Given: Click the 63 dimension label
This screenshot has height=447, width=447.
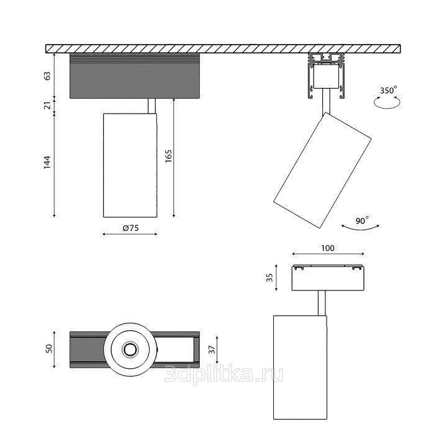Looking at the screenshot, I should pyautogui.click(x=47, y=76).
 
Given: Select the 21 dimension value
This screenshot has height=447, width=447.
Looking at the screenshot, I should pyautogui.click(x=47, y=106).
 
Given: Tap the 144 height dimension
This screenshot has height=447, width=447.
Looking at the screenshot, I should pyautogui.click(x=47, y=163).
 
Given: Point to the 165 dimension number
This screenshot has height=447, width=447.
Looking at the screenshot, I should pyautogui.click(x=168, y=156).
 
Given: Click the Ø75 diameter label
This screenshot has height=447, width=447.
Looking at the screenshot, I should pyautogui.click(x=130, y=228).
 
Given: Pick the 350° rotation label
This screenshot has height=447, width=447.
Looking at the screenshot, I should pyautogui.click(x=388, y=91).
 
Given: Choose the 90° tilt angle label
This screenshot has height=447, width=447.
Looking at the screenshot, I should pyautogui.click(x=363, y=220).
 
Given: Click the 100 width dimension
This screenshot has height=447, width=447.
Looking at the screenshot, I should pyautogui.click(x=328, y=248).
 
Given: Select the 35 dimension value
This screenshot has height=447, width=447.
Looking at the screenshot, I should pyautogui.click(x=269, y=278).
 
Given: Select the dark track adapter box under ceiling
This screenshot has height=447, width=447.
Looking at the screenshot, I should pyautogui.click(x=134, y=76).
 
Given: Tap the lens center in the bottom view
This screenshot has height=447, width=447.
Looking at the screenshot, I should pyautogui.click(x=130, y=350).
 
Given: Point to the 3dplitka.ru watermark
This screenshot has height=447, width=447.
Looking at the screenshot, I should pyautogui.click(x=223, y=373).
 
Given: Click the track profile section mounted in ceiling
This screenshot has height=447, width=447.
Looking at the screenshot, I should pyautogui.click(x=327, y=77).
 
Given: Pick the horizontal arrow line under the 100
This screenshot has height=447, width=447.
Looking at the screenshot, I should pyautogui.click(x=328, y=254).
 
